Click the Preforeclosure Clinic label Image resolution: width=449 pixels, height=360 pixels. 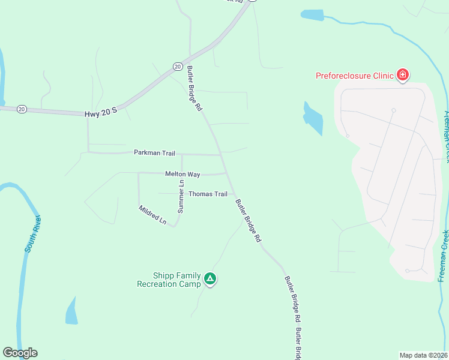pos(355,76)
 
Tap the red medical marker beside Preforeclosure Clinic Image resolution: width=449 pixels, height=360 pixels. pos(403,75)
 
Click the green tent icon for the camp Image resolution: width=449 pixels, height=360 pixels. pos(210,278)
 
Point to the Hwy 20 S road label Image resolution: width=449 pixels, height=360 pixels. pos(100,112)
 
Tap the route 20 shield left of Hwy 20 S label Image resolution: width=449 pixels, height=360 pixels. pos(22,109)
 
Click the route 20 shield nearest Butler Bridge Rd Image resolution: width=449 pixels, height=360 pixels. pos(177,66)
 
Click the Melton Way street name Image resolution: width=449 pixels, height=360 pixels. pos(182,174)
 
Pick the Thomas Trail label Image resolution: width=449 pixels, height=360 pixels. pos(208,194)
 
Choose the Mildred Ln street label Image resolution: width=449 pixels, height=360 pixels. pos(152,215)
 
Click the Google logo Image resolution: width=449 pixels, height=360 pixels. pos(20,353)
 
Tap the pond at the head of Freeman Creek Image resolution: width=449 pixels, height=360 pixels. pos(312,15)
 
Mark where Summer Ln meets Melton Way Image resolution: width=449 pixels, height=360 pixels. pos(182,173)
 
